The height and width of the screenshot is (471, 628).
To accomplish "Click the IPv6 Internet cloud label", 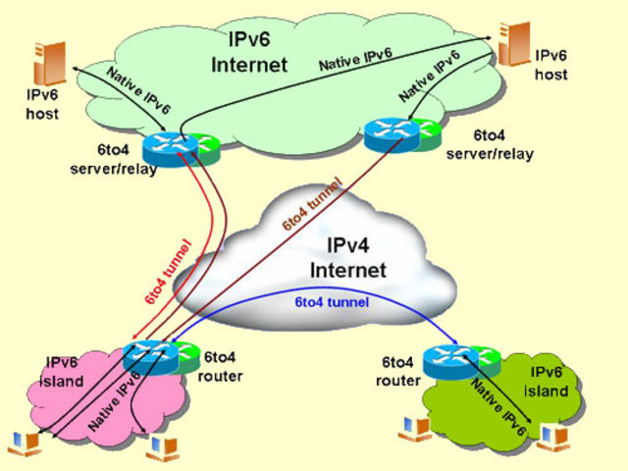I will tap(249, 54).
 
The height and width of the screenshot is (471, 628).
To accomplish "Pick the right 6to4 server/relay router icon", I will tap(389, 133).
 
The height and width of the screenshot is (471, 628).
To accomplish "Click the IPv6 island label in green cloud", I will tap(549, 382).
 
